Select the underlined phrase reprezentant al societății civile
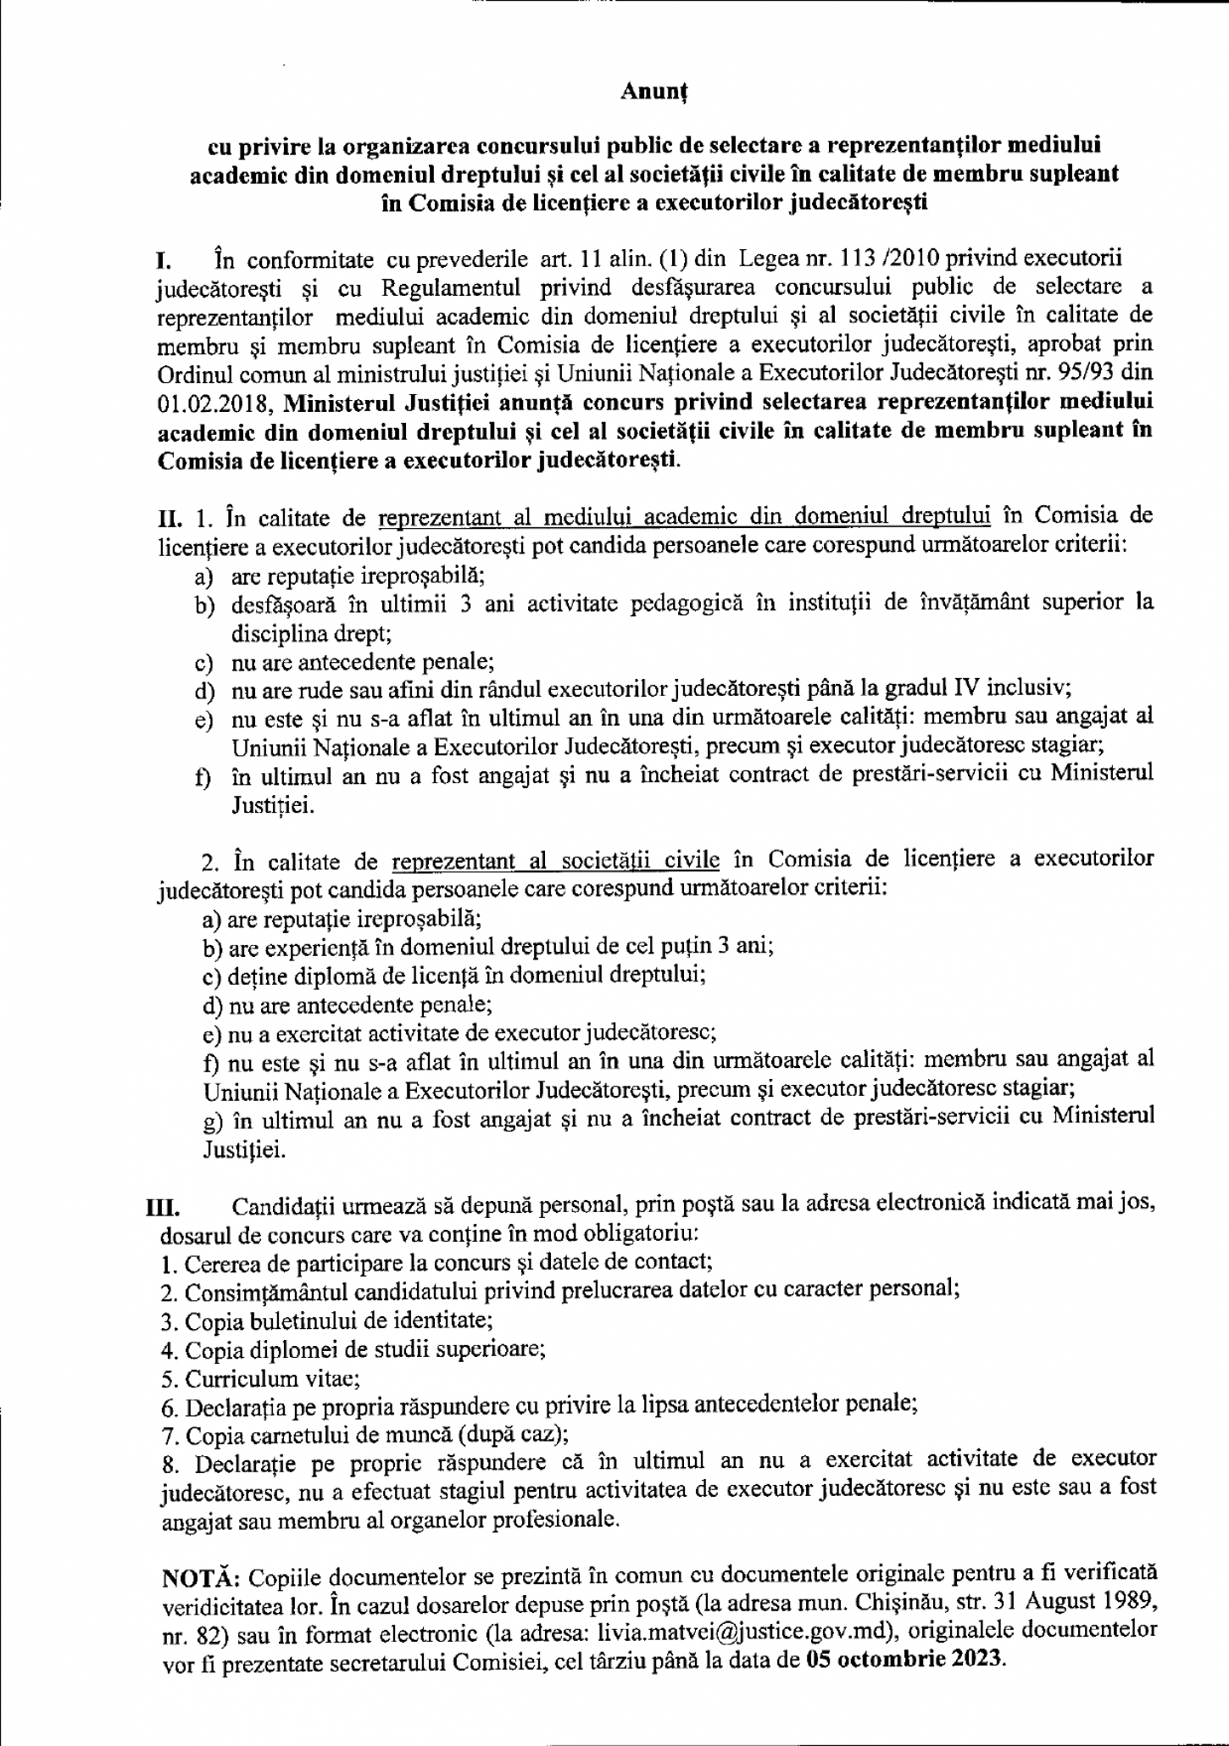pos(555,861)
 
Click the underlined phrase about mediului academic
pos(684,516)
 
